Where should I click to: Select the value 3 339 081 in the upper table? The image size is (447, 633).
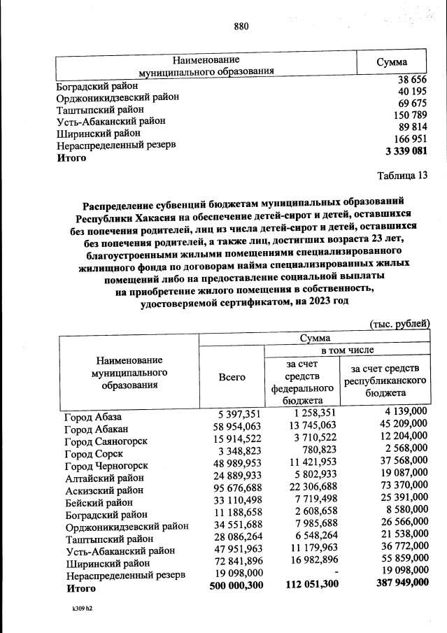click(x=406, y=150)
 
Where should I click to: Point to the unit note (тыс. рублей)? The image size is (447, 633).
click(x=399, y=323)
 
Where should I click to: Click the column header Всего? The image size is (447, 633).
click(x=232, y=377)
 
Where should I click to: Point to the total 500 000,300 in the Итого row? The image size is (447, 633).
click(x=236, y=585)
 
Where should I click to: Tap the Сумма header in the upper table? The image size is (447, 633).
click(x=392, y=62)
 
